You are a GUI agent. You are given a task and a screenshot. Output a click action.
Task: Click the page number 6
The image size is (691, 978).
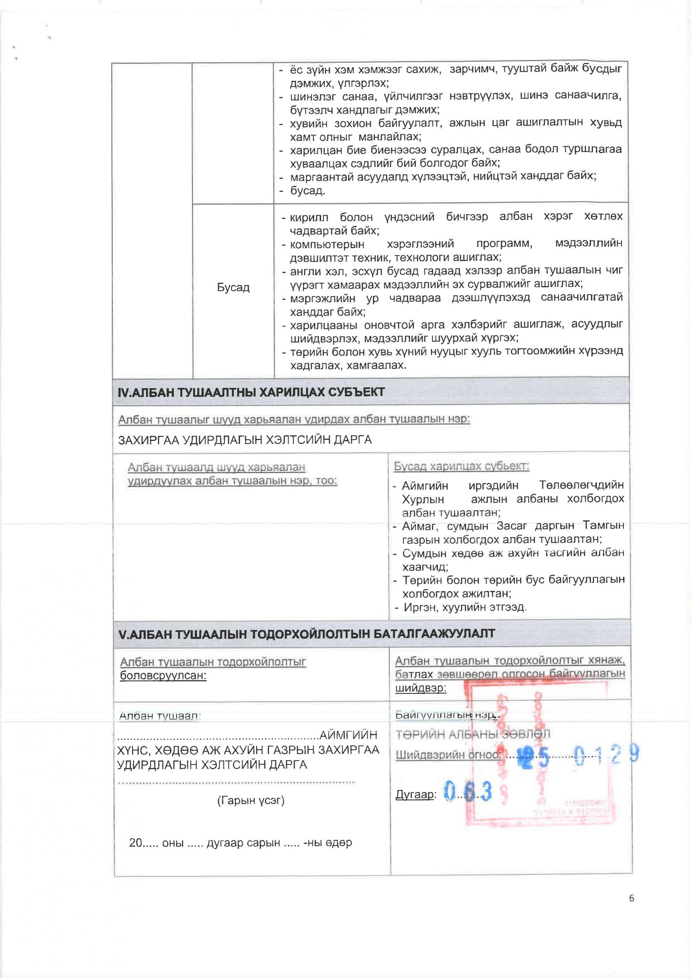point(631,898)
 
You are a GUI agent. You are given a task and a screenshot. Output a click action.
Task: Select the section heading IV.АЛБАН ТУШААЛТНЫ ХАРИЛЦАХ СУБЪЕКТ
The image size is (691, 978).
point(251,392)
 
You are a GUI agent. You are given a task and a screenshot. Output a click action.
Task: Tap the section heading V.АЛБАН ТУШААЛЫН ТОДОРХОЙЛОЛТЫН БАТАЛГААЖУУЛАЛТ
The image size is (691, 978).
point(307,633)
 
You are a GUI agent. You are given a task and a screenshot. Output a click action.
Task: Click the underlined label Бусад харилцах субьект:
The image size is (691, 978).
point(461,466)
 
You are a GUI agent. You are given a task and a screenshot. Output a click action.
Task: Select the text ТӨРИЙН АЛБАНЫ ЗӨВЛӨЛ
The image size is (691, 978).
point(473,734)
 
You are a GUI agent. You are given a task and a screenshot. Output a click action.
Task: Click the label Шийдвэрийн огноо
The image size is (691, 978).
point(447,755)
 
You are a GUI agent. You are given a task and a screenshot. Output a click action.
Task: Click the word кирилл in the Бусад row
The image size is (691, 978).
point(309,217)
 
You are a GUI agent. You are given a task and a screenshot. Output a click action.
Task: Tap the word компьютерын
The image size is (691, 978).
point(327,244)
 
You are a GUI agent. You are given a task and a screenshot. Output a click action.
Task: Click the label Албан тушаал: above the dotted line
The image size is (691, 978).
point(160,716)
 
